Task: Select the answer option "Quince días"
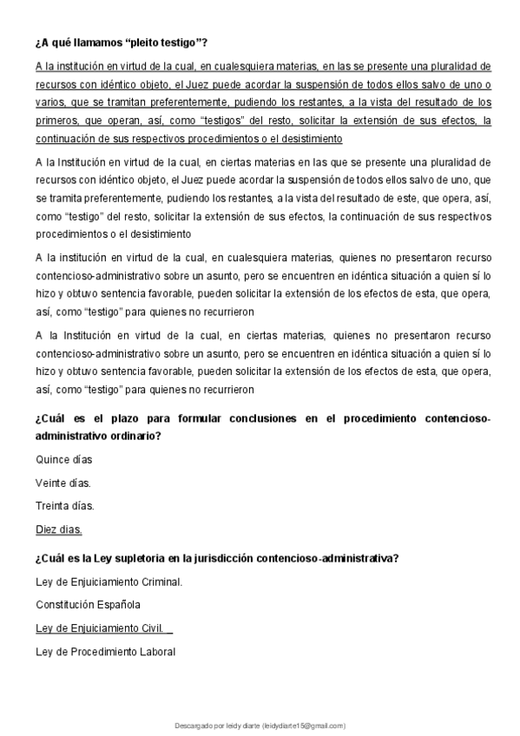(63, 458)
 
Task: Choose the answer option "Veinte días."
(63, 482)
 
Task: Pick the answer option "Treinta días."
(64, 505)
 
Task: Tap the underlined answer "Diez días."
(58, 529)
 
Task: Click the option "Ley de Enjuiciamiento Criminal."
(109, 581)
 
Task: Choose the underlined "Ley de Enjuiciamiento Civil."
(99, 628)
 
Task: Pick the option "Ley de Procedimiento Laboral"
(105, 651)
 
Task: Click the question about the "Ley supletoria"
(217, 558)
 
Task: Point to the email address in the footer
(303, 725)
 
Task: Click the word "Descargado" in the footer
(193, 725)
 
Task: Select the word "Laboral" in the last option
(157, 651)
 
